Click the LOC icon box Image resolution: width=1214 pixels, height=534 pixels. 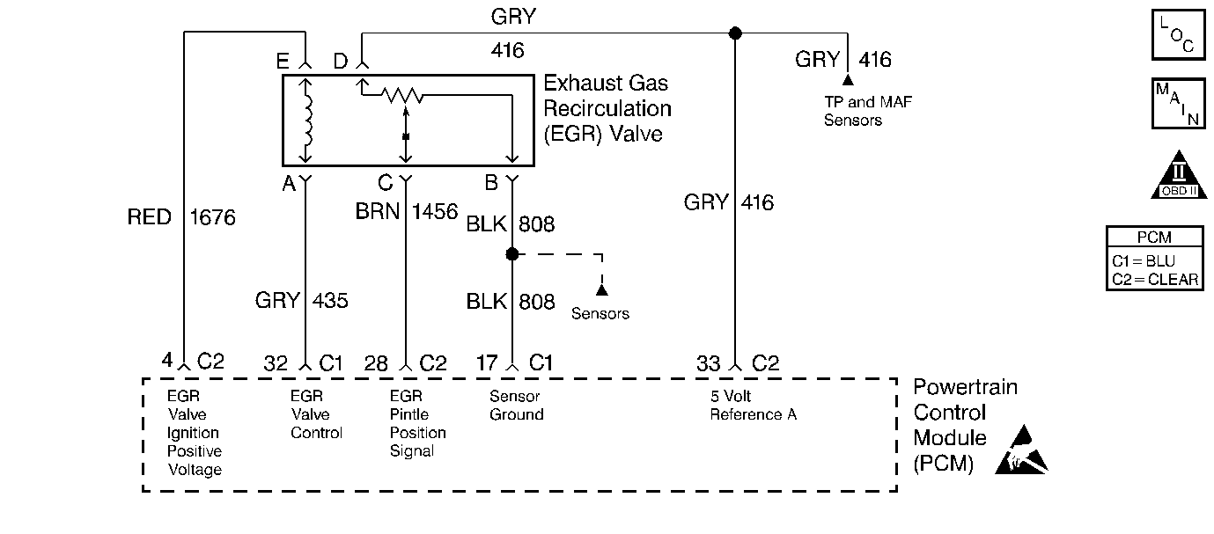click(1178, 34)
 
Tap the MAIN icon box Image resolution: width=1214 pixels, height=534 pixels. click(1178, 104)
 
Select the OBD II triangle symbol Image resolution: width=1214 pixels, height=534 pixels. click(1179, 176)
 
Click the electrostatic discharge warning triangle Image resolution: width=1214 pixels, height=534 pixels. click(1021, 450)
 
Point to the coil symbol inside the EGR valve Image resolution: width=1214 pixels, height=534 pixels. click(308, 121)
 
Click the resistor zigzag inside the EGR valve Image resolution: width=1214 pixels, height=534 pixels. click(401, 95)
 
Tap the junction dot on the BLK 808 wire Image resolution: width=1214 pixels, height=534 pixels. click(512, 254)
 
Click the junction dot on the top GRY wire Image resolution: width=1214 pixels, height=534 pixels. click(735, 33)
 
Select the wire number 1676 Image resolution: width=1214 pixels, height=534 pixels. click(212, 217)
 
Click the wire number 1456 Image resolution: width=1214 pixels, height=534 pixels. click(435, 211)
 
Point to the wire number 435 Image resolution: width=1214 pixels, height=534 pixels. click(330, 301)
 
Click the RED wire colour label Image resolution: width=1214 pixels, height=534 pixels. click(149, 217)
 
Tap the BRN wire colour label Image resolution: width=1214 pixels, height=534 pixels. click(377, 211)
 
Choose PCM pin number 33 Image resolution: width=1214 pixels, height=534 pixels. click(709, 363)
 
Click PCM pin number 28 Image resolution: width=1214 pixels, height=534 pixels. click(376, 363)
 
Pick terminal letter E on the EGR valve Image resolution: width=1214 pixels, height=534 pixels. click(283, 62)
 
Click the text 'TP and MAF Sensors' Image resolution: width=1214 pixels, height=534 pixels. click(868, 111)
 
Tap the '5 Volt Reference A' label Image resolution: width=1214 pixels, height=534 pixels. click(754, 405)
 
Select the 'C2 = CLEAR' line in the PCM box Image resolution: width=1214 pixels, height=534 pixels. click(1155, 280)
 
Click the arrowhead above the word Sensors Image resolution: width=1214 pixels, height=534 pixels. click(601, 290)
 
